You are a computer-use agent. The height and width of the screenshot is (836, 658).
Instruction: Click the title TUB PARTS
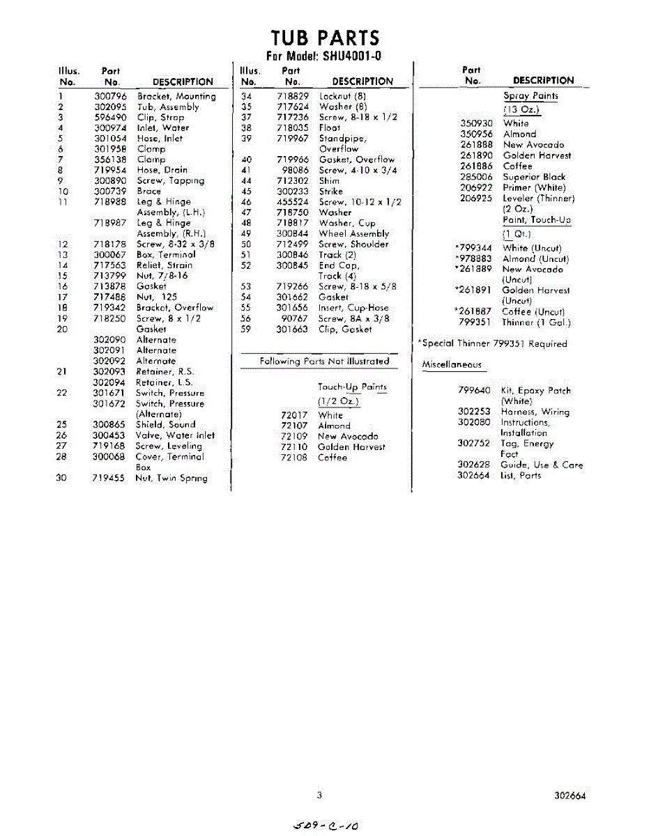pyautogui.click(x=325, y=38)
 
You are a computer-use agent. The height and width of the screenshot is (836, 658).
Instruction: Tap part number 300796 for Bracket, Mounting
pyautogui.click(x=110, y=96)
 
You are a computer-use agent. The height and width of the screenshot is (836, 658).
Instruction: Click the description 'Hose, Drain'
pyautogui.click(x=162, y=170)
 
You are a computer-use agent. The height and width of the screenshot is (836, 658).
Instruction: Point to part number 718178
pyautogui.click(x=110, y=244)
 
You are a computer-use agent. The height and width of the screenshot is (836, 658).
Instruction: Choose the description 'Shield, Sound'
pyautogui.click(x=165, y=424)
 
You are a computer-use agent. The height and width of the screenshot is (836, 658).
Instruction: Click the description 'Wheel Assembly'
pyautogui.click(x=353, y=233)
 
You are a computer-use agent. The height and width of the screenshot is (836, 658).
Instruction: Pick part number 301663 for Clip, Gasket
pyautogui.click(x=292, y=329)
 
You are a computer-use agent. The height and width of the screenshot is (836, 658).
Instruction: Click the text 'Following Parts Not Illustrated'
pyautogui.click(x=324, y=361)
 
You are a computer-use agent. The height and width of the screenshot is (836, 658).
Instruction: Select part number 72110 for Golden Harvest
pyautogui.click(x=293, y=447)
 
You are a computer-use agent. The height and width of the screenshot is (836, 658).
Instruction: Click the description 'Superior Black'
pyautogui.click(x=534, y=177)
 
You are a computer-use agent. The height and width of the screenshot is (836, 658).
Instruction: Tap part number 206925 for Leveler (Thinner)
pyautogui.click(x=476, y=198)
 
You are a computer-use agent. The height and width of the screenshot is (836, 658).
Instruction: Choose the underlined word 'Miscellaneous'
pyautogui.click(x=451, y=364)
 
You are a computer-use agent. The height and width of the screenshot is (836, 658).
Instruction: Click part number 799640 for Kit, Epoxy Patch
pyautogui.click(x=474, y=391)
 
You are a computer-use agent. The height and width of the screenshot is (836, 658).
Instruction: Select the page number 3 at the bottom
pyautogui.click(x=319, y=795)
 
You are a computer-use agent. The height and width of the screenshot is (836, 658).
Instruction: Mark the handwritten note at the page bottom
pyautogui.click(x=326, y=826)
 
